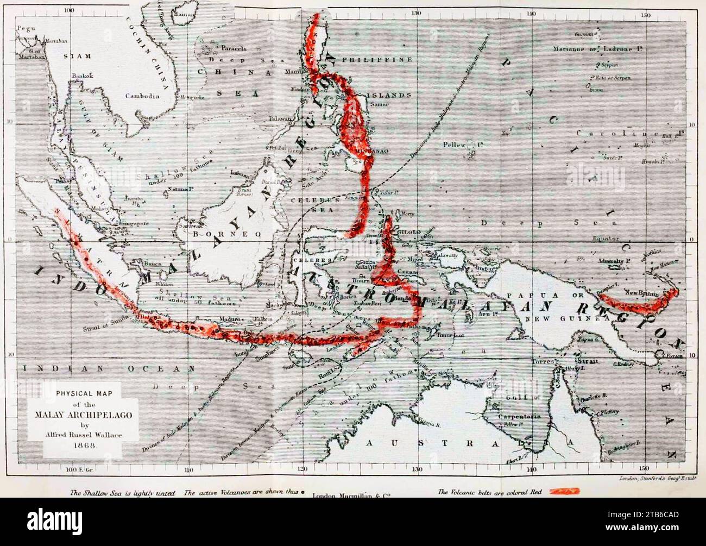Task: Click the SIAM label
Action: pyautogui.click(x=77, y=56)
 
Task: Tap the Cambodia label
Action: pyautogui.click(x=142, y=96)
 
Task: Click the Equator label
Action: pyautogui.click(x=606, y=238)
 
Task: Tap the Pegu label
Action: pyautogui.click(x=26, y=28)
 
